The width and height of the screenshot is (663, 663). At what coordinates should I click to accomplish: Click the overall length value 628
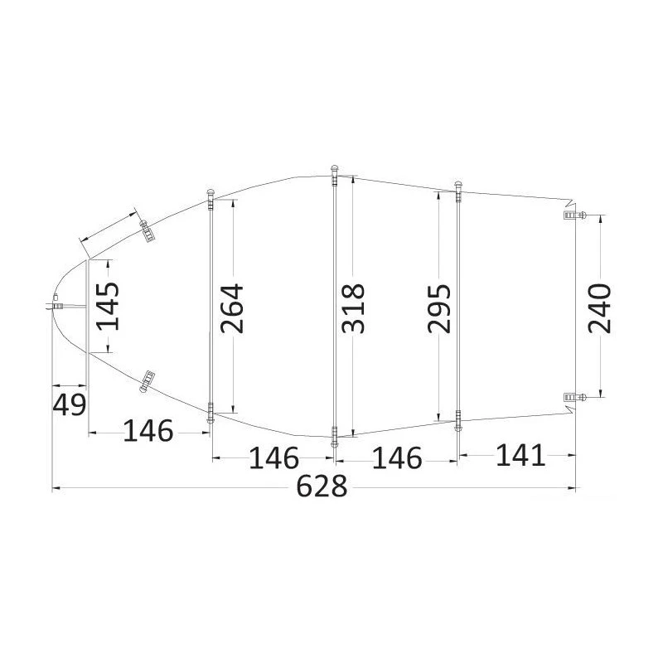[322, 487]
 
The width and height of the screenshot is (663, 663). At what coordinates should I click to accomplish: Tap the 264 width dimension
[231, 308]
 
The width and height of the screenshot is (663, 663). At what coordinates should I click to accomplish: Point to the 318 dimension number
[353, 308]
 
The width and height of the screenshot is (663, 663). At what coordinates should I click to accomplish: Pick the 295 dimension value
[438, 308]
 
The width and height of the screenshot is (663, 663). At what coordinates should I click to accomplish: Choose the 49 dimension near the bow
[69, 405]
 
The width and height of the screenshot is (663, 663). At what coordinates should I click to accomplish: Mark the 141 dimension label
[520, 454]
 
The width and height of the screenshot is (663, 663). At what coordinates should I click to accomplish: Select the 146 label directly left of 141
[396, 457]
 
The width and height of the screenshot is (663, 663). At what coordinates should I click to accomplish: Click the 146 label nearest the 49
[148, 431]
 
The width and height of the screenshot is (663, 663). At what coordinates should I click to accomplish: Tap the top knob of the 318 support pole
[334, 171]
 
